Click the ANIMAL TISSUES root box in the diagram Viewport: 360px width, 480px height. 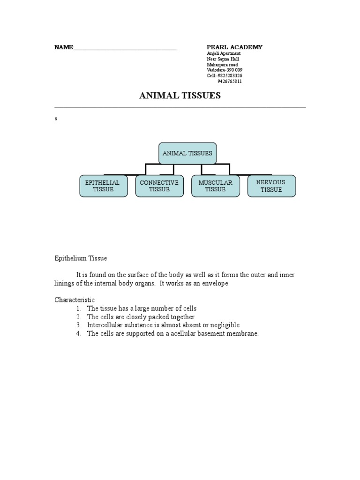click(x=187, y=153)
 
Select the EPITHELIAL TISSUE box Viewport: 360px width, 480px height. click(x=103, y=186)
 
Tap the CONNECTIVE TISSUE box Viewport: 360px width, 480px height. click(x=159, y=186)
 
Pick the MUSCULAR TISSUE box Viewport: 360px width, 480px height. click(x=216, y=186)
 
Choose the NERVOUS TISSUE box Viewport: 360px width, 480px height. click(x=271, y=186)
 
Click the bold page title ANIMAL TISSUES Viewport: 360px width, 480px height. click(x=180, y=96)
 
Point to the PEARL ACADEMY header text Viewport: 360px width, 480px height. click(x=235, y=47)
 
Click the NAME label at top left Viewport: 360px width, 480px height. click(x=64, y=47)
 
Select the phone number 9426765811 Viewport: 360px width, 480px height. click(x=230, y=81)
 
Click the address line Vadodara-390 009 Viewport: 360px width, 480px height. click(x=225, y=70)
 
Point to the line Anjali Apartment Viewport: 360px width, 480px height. click(x=224, y=53)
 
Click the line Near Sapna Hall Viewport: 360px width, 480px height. click(x=223, y=59)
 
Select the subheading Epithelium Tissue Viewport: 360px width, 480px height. click(x=81, y=258)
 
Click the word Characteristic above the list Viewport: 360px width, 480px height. click(x=75, y=300)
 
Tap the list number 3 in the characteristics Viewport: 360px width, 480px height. click(x=79, y=325)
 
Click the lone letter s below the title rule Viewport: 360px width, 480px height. click(x=56, y=119)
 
